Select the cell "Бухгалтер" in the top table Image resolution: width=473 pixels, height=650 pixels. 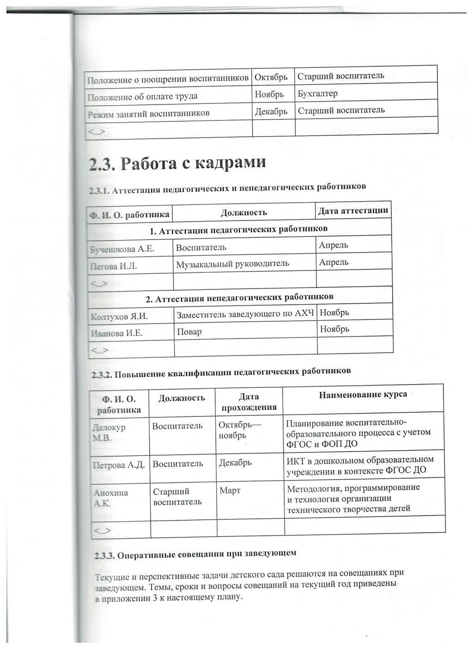pyautogui.click(x=318, y=94)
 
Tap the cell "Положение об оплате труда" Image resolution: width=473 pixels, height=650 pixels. pyautogui.click(x=142, y=96)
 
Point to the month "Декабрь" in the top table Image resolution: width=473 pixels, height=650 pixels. pyautogui.click(x=271, y=112)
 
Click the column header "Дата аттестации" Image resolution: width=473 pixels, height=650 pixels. pyautogui.click(x=353, y=211)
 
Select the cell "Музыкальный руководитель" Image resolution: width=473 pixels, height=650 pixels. pyautogui.click(x=232, y=264)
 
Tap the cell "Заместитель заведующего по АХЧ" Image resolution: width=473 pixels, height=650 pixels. pyautogui.click(x=245, y=314)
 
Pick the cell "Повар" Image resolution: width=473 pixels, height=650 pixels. pyautogui.click(x=189, y=331)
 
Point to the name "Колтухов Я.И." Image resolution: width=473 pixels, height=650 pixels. pyautogui.click(x=119, y=317)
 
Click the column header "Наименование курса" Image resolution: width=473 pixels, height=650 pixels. pyautogui.click(x=363, y=395)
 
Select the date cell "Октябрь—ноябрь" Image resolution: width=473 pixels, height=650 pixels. pyautogui.click(x=239, y=430)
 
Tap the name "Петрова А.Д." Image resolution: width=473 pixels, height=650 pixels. pyautogui.click(x=119, y=465)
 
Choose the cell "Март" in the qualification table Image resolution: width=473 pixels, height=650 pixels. pyautogui.click(x=230, y=490)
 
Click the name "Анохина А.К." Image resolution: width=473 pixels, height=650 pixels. pyautogui.click(x=110, y=498)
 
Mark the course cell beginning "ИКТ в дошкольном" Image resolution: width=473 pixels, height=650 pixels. pyautogui.click(x=360, y=465)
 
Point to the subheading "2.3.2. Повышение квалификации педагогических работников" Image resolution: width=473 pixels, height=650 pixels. pyautogui.click(x=221, y=371)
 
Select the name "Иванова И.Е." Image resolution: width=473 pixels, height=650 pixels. pyautogui.click(x=116, y=333)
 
